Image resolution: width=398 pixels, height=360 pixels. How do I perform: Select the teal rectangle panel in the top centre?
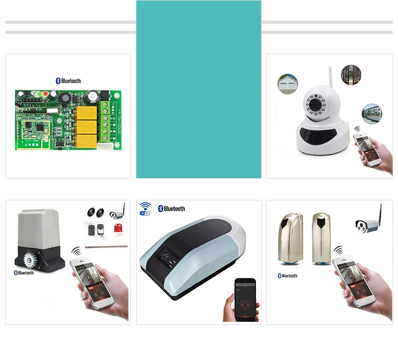198,89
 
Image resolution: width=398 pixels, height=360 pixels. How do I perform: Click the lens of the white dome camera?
316,104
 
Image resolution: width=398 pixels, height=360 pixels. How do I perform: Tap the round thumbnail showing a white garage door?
287,83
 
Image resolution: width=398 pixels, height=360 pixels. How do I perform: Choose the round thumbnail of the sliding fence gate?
371,114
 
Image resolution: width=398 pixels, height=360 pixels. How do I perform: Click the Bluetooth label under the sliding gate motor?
24,273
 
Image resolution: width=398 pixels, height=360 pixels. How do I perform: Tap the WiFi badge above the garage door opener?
145,208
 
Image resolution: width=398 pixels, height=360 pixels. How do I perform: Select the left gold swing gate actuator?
291,238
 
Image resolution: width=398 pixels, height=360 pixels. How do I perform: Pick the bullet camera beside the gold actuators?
368,224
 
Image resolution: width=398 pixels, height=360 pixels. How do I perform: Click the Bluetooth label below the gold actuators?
288,276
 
